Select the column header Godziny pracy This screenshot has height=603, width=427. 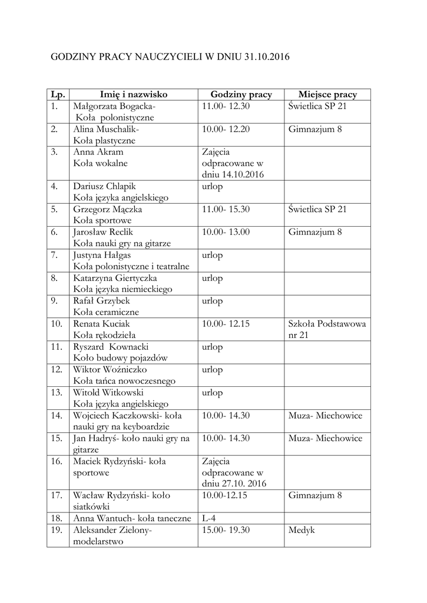241,94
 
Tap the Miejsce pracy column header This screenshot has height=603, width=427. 327,94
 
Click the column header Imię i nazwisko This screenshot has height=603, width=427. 134,94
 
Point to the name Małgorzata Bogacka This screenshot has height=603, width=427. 113,107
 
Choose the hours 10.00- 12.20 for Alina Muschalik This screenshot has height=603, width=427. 226,129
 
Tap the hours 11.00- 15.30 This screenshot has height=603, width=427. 226,209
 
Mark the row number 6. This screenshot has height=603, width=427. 54,232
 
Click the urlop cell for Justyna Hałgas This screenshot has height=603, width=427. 212,256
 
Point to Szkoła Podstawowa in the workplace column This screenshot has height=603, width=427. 327,324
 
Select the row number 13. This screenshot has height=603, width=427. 57,393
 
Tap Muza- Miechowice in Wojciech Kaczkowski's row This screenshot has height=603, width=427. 325,416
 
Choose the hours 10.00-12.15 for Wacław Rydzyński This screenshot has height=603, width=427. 224,496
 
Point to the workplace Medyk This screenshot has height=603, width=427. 302,531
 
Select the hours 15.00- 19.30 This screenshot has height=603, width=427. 226,531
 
